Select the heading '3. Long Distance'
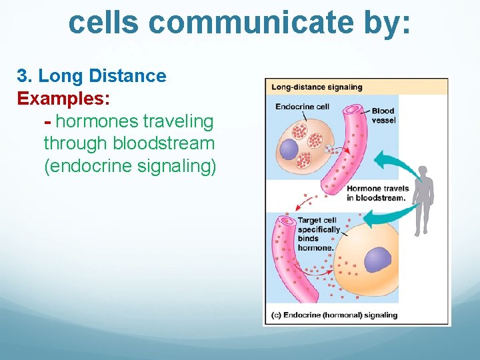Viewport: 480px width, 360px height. pos(92,75)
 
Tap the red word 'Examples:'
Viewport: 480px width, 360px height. pos(64,98)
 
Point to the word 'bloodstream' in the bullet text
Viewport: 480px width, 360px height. pos(164,143)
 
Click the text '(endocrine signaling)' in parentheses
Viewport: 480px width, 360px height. pos(130,165)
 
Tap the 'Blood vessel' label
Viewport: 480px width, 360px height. pos(383,115)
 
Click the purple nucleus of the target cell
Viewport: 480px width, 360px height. pos(377,260)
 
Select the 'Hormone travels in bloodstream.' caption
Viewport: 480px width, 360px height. pos(376,193)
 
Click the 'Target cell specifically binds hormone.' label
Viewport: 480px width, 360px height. pos(318,234)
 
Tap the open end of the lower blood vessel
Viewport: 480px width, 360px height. pos(287,221)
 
